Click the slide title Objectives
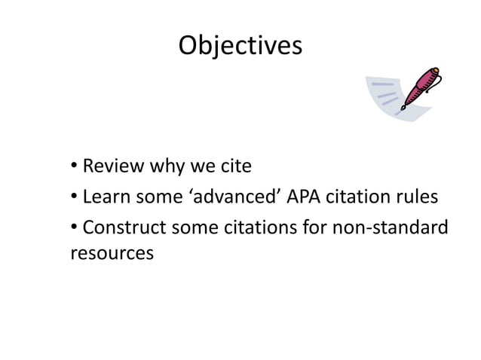240,46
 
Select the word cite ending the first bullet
234,165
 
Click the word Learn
106,198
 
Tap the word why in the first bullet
173,165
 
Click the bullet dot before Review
74,165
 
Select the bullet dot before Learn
74,198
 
